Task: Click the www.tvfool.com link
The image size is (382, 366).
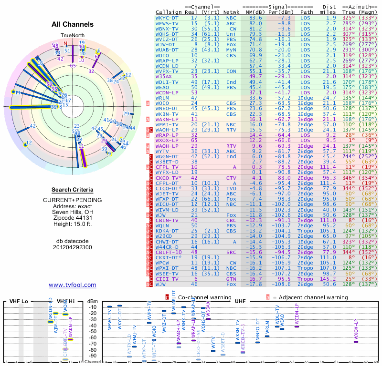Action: point(73,285)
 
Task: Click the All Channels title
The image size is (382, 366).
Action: point(73,24)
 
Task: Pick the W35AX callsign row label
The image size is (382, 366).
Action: point(164,76)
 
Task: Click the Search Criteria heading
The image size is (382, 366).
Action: point(73,190)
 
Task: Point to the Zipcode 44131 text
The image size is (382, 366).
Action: point(73,218)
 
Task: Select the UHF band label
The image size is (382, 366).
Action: point(240,302)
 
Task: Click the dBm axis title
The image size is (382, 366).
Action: point(92,302)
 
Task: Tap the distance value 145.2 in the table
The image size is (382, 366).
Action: point(329,279)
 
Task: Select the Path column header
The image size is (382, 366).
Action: point(307,11)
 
